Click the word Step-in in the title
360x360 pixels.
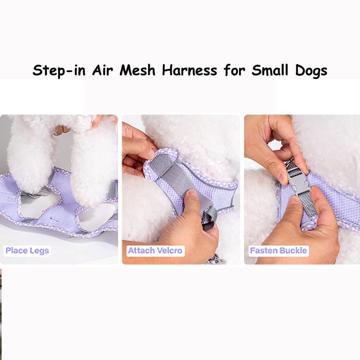click(x=59, y=71)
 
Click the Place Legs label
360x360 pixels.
click(x=27, y=251)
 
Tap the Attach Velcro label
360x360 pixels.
click(x=155, y=251)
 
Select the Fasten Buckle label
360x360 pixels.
click(x=279, y=251)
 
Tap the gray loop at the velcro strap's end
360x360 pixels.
click(x=210, y=218)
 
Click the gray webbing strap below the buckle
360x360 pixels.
click(x=306, y=204)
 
